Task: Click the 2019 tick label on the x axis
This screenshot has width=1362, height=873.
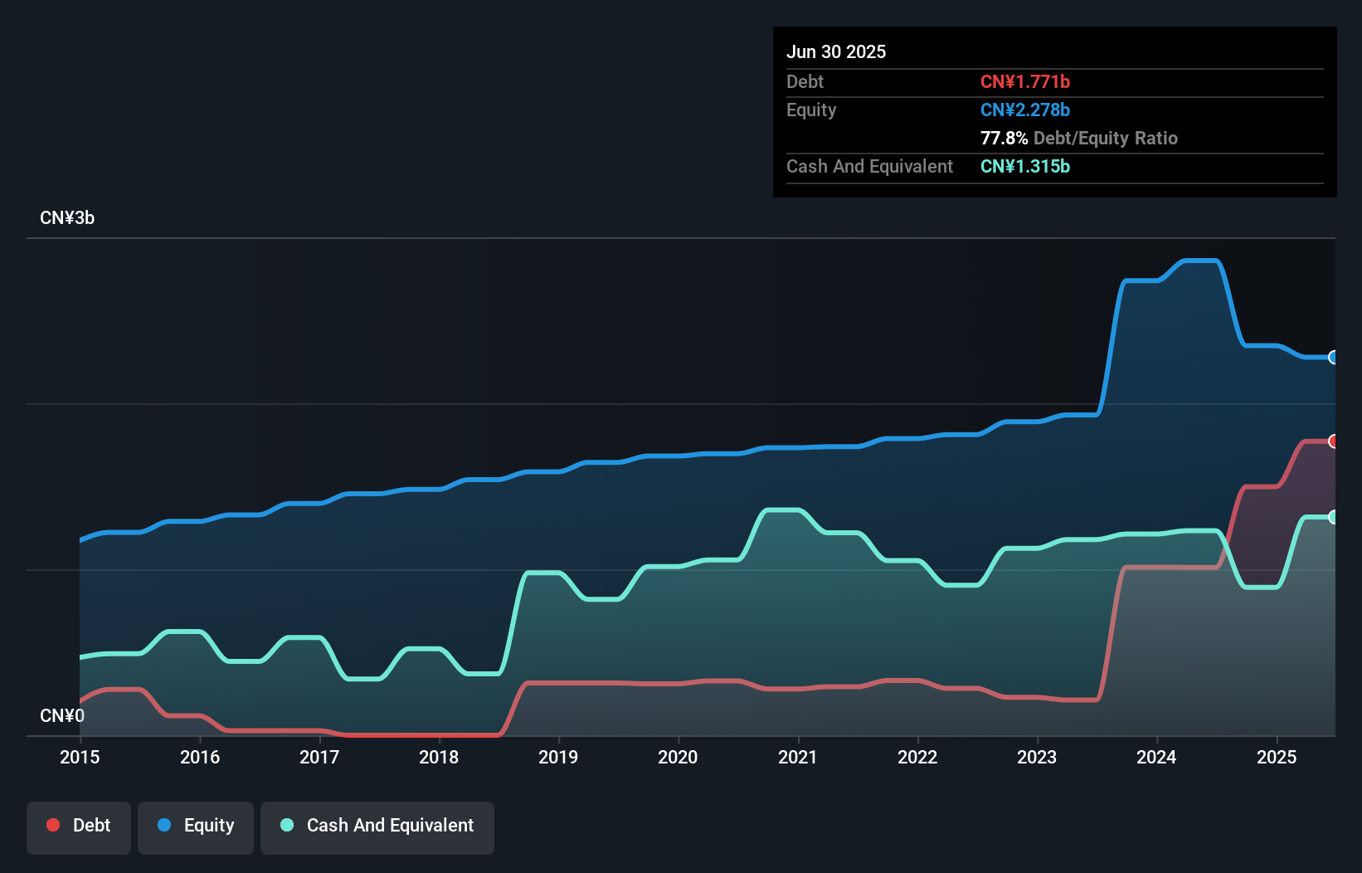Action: (558, 757)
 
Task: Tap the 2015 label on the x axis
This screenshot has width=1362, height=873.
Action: (80, 757)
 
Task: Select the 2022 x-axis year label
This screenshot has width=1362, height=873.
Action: (917, 757)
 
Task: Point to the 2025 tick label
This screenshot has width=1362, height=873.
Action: (1277, 757)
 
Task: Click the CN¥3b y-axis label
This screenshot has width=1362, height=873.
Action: (67, 218)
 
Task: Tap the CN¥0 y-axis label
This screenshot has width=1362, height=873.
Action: (62, 715)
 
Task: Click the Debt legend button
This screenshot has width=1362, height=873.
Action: (79, 826)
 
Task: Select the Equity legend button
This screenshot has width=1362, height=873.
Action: (196, 826)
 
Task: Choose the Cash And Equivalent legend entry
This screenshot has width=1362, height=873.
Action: (377, 826)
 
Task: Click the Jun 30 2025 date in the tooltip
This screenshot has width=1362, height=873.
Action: (836, 51)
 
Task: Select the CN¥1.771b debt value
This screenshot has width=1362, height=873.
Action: (1024, 81)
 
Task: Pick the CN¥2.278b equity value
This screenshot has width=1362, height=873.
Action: (1024, 110)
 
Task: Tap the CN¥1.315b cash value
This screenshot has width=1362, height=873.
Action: (1024, 166)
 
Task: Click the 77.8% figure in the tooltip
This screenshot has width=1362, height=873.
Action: (1004, 138)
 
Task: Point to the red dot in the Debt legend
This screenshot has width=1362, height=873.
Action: (53, 825)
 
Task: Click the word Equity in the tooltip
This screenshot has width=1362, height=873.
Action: (811, 110)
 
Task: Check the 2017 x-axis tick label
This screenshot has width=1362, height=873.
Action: (319, 757)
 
